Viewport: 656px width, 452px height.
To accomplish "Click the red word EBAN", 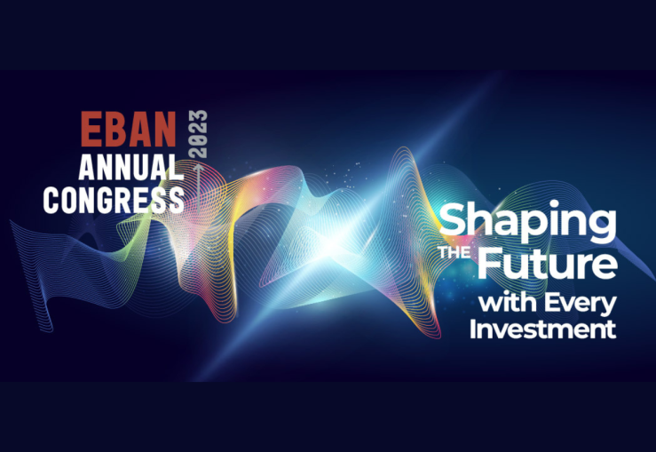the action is click(x=129, y=130).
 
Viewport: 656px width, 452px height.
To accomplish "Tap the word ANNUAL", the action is click(x=131, y=167).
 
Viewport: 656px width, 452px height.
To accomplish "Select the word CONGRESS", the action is click(x=114, y=200).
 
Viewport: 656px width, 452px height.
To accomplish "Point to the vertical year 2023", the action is click(x=198, y=134).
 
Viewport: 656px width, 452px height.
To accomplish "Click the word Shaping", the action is click(x=527, y=224).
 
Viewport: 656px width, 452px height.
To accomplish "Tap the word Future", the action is click(x=547, y=264).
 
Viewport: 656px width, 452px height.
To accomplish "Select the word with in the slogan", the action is click(x=508, y=302).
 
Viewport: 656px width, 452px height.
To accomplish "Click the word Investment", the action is click(x=543, y=329).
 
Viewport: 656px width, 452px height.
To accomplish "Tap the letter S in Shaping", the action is click(x=453, y=218).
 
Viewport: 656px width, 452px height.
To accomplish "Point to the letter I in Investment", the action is click(x=472, y=329).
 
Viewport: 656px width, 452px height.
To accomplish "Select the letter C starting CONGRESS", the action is click(x=51, y=200).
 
